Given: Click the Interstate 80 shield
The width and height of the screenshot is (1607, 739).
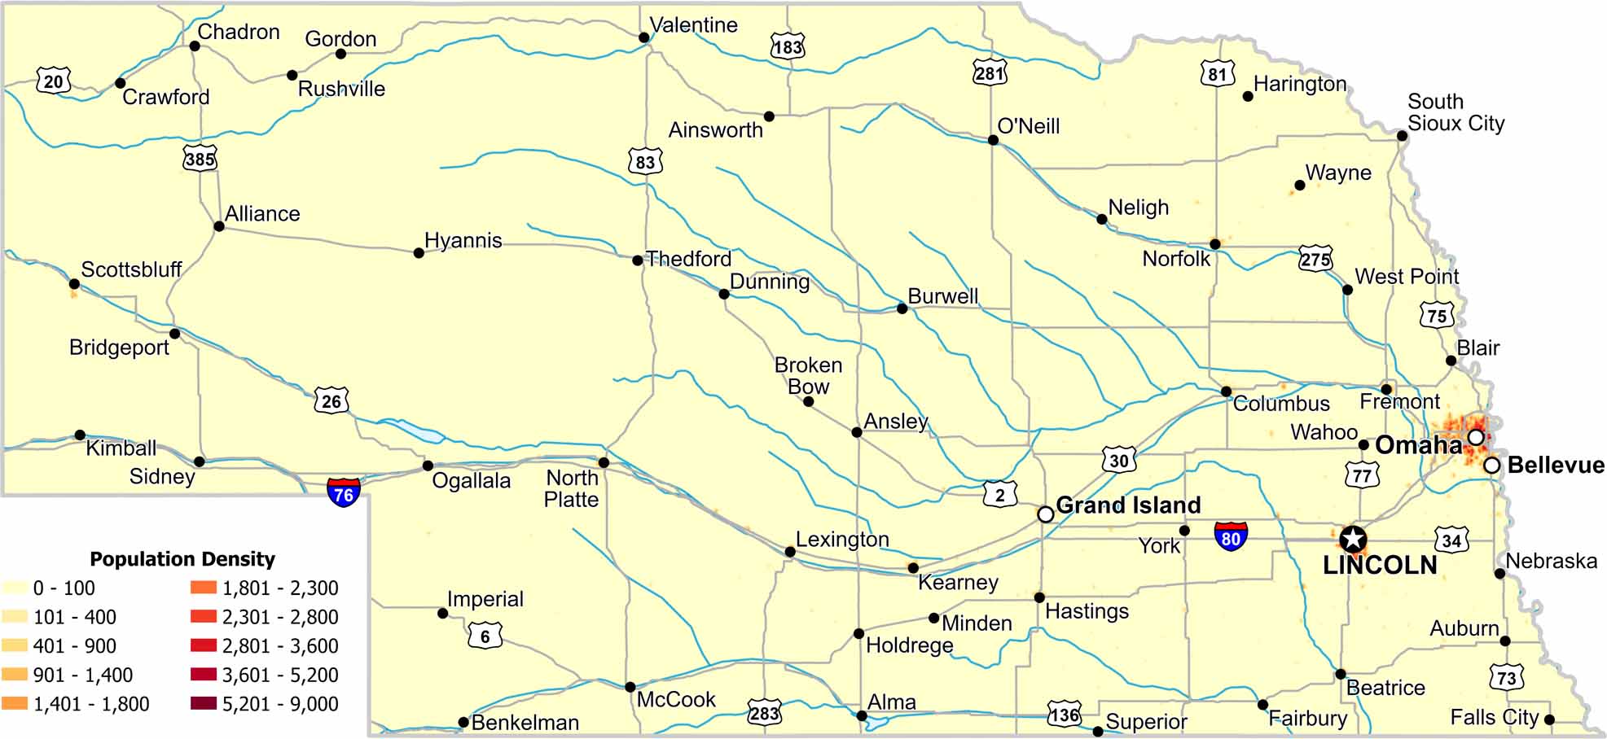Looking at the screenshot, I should tap(1230, 537).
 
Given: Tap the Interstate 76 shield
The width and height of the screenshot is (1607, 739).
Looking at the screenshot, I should tap(343, 493).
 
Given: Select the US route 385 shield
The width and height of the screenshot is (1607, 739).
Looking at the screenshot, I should tap(200, 159).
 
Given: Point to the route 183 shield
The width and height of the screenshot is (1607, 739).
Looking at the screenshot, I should tap(788, 46).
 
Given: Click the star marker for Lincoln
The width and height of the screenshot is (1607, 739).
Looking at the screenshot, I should tap(1353, 539).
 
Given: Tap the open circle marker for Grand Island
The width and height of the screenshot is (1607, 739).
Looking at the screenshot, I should tap(1046, 514).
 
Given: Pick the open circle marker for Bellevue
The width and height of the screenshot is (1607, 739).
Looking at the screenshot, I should tap(1491, 466).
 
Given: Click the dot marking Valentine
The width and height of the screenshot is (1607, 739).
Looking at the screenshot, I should tap(643, 37).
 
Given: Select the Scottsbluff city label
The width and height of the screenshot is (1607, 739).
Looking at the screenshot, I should tap(131, 269).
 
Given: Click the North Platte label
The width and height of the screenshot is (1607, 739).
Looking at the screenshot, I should tap(572, 488).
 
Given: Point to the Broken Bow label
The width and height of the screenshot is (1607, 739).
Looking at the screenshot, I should tap(808, 376).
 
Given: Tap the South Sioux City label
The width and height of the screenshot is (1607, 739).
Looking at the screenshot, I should tap(1456, 112).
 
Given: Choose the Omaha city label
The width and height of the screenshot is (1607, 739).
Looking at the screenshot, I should tap(1418, 445).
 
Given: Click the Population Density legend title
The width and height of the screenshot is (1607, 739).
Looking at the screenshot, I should tap(182, 559).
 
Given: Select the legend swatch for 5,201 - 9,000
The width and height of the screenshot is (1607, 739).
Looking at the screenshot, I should tap(204, 703).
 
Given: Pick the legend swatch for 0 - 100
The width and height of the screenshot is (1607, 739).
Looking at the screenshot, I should tap(15, 588).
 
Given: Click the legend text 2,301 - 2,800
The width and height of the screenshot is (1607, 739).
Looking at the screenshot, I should tap(280, 617).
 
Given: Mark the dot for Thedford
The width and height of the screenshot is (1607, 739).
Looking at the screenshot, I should tap(638, 260).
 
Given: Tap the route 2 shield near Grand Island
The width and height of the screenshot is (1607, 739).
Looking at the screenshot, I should tap(999, 494).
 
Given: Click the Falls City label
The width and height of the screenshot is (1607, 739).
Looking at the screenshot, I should tap(1494, 717).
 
